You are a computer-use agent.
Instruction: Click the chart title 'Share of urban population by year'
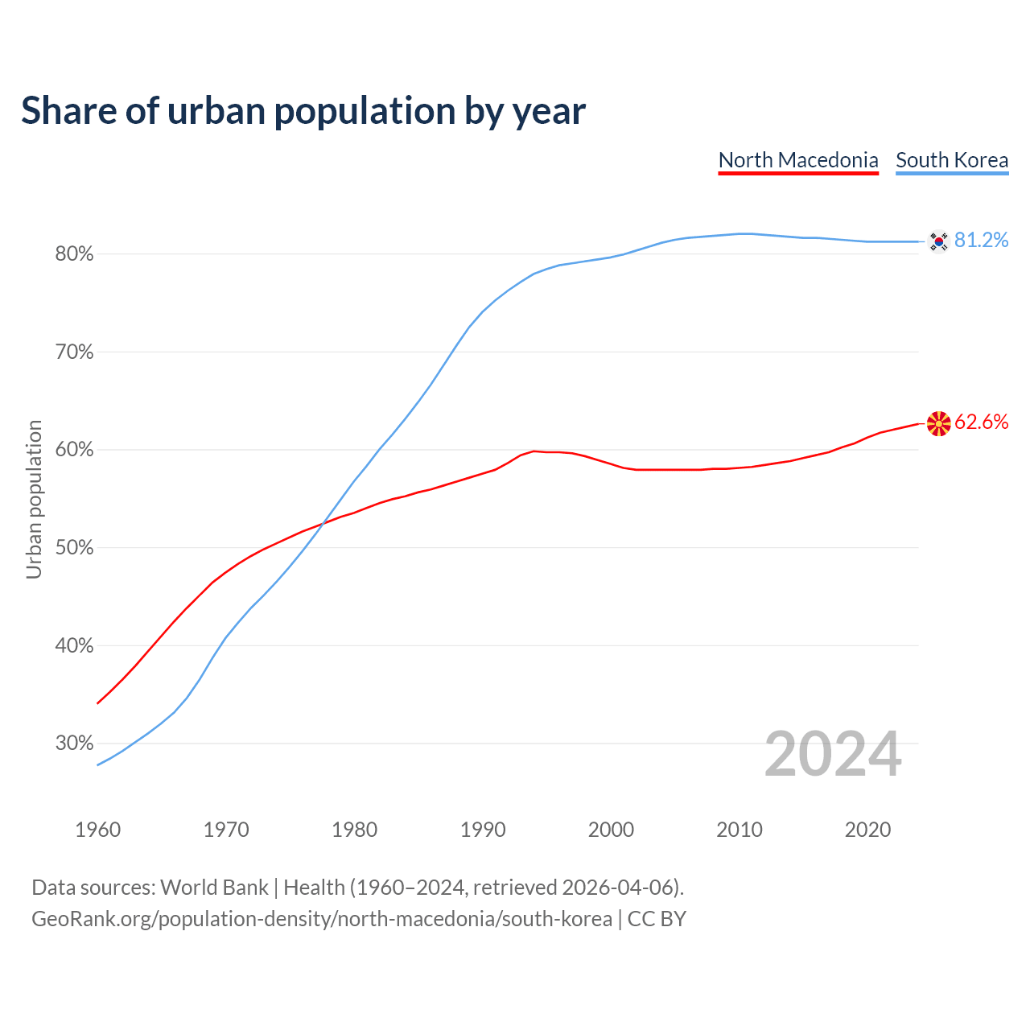point(303,110)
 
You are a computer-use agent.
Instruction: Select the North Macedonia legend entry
point(798,160)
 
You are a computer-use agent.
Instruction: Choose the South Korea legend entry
point(952,160)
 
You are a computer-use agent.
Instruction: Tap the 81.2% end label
point(981,240)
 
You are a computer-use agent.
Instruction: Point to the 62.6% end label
point(981,422)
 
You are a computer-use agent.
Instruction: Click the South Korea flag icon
point(938,241)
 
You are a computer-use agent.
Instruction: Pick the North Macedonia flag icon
point(938,423)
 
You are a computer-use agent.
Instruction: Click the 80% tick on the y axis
point(74,254)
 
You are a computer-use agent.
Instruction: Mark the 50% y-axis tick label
point(74,548)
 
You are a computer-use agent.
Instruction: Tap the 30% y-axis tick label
point(74,744)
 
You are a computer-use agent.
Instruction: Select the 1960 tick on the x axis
point(97,830)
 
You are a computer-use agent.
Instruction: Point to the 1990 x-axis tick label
point(483,830)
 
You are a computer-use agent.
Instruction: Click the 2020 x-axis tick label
point(867,830)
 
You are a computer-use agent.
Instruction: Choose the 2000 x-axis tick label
point(611,830)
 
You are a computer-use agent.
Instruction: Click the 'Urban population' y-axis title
point(34,499)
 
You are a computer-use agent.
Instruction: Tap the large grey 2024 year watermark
point(833,754)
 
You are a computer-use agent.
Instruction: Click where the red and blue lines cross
point(323,524)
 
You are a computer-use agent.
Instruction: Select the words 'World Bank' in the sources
point(214,888)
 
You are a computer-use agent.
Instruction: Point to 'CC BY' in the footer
point(657,919)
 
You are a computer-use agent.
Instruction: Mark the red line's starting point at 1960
point(97,703)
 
